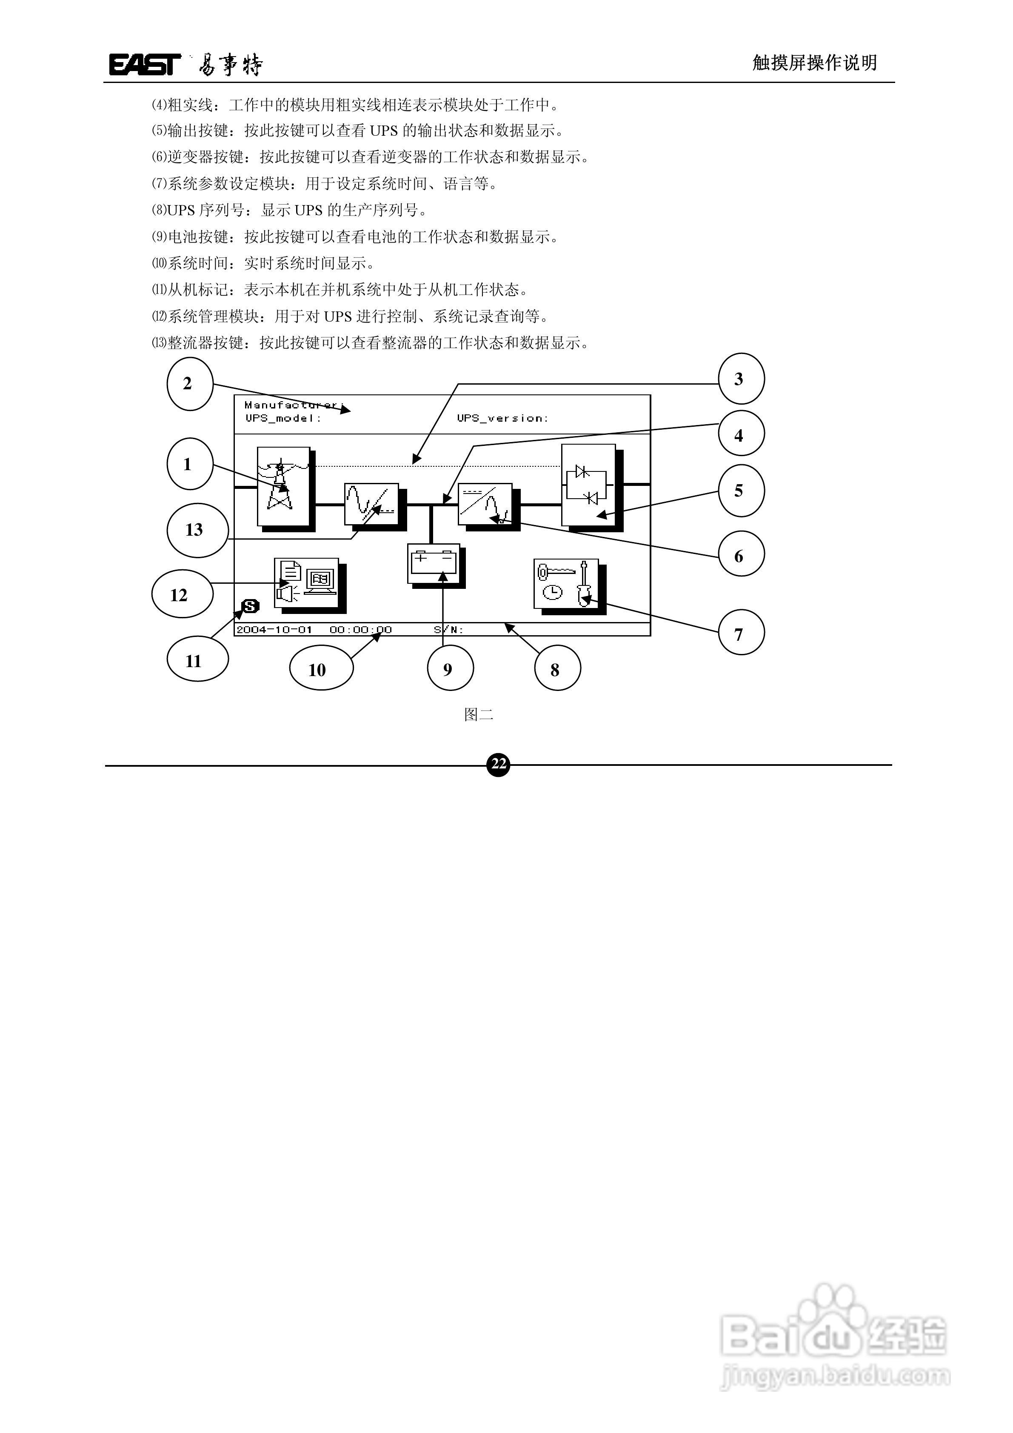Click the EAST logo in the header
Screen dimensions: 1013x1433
tap(145, 64)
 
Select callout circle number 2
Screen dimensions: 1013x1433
tap(190, 384)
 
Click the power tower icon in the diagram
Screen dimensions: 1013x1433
tap(283, 487)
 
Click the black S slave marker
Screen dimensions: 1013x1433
tap(250, 605)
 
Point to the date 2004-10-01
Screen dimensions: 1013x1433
tap(274, 630)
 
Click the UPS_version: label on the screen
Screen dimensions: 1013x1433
tap(502, 418)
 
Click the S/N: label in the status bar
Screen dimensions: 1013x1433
tap(448, 630)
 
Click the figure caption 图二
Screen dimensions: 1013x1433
tap(479, 715)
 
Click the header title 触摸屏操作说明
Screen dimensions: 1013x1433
tap(814, 63)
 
